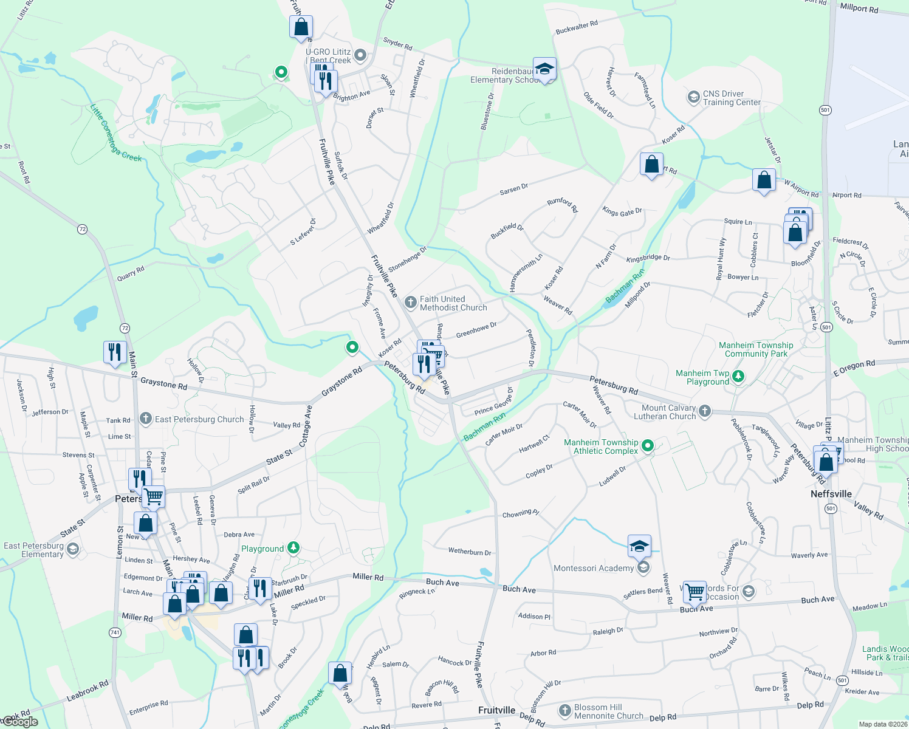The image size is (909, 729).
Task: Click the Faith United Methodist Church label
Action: click(x=453, y=303)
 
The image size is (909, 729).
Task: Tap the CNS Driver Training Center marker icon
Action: click(x=693, y=97)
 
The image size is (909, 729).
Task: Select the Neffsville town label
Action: click(x=831, y=494)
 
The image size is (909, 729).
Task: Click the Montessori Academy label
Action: click(x=593, y=568)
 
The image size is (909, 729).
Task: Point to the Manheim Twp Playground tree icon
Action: click(x=738, y=377)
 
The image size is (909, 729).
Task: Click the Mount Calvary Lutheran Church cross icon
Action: click(x=704, y=411)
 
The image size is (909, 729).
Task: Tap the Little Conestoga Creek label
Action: click(x=115, y=134)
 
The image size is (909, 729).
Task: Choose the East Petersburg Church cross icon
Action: click(x=145, y=419)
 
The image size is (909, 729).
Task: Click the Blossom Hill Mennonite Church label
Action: click(x=608, y=711)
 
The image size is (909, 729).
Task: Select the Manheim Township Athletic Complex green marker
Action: click(x=648, y=446)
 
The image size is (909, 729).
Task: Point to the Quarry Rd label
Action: click(x=131, y=273)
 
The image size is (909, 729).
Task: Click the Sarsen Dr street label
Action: click(x=513, y=190)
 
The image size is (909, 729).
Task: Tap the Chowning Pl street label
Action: click(x=520, y=514)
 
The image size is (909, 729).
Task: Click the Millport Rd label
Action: click(x=859, y=9)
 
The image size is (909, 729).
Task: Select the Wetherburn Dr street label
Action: click(x=470, y=552)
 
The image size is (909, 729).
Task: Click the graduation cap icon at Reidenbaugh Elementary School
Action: click(x=544, y=69)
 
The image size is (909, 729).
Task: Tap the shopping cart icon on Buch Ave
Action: click(x=694, y=590)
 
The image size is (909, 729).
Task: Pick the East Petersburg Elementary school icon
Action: click(x=73, y=550)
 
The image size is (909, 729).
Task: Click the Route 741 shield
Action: click(x=115, y=632)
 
